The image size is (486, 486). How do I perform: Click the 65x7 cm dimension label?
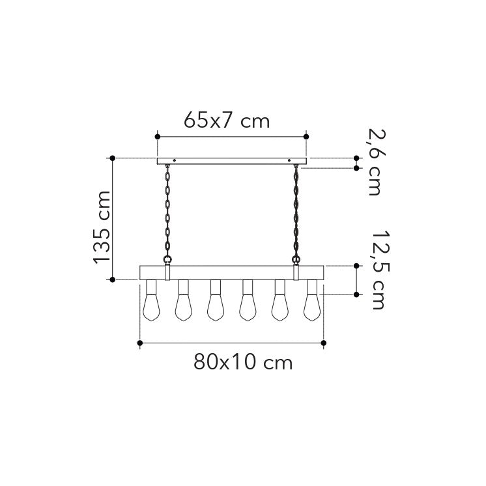[226, 121]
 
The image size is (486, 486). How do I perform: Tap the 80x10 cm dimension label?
[243, 362]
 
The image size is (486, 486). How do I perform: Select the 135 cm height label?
[102, 227]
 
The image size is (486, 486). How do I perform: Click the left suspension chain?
[167, 212]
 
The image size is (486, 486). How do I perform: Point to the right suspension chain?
[298, 212]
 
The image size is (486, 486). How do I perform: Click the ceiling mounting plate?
[232, 160]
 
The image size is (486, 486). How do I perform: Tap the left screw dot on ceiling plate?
[175, 159]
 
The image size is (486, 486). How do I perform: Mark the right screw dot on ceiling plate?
[289, 159]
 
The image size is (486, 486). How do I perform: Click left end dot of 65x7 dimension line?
[157, 136]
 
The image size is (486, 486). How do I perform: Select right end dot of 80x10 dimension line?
[324, 343]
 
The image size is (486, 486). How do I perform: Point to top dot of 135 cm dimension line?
[113, 158]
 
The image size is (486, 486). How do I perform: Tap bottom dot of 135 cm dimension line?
[113, 279]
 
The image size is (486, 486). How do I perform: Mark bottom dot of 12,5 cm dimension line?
[356, 294]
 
